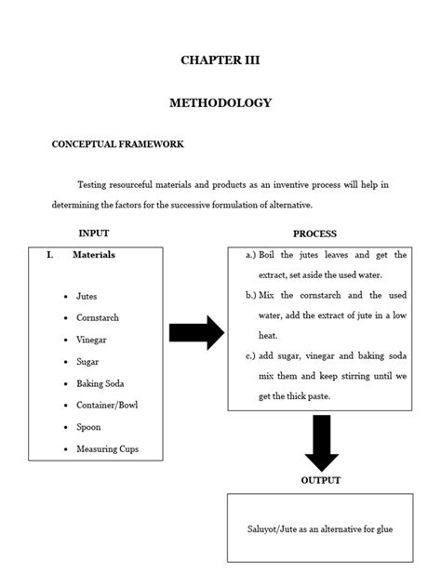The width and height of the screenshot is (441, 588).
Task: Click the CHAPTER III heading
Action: coord(220,60)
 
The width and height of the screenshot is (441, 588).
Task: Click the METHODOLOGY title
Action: coord(220,103)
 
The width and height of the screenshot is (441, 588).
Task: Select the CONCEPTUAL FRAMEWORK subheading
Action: coord(117,144)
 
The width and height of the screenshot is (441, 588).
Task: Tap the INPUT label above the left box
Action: coord(94,234)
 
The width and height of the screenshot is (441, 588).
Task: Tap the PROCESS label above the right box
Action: coord(314,234)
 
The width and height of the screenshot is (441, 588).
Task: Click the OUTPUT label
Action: coord(320,480)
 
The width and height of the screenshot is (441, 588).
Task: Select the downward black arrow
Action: coord(321,442)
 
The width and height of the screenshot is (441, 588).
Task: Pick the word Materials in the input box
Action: coord(94,254)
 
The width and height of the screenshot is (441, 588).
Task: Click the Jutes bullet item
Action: coord(87,296)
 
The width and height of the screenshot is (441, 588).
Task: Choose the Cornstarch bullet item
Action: coord(98,317)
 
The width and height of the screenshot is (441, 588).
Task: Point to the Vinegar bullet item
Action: coord(91,340)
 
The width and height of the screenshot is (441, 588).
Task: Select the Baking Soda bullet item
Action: coord(100,383)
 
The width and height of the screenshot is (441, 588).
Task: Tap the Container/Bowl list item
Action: coord(107,406)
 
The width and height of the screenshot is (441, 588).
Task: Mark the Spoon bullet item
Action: coord(88,427)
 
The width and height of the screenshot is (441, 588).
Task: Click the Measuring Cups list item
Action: coord(107,449)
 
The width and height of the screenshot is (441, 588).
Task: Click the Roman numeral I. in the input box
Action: coord(50,254)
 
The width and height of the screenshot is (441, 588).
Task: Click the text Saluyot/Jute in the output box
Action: coord(281,528)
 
